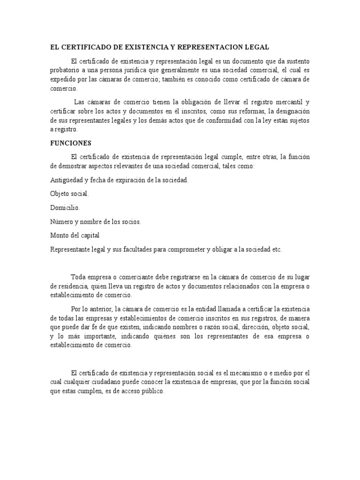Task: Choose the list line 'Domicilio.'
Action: (65, 207)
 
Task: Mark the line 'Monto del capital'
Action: (75, 236)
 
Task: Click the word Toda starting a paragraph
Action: (78, 277)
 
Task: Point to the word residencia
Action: (72, 286)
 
